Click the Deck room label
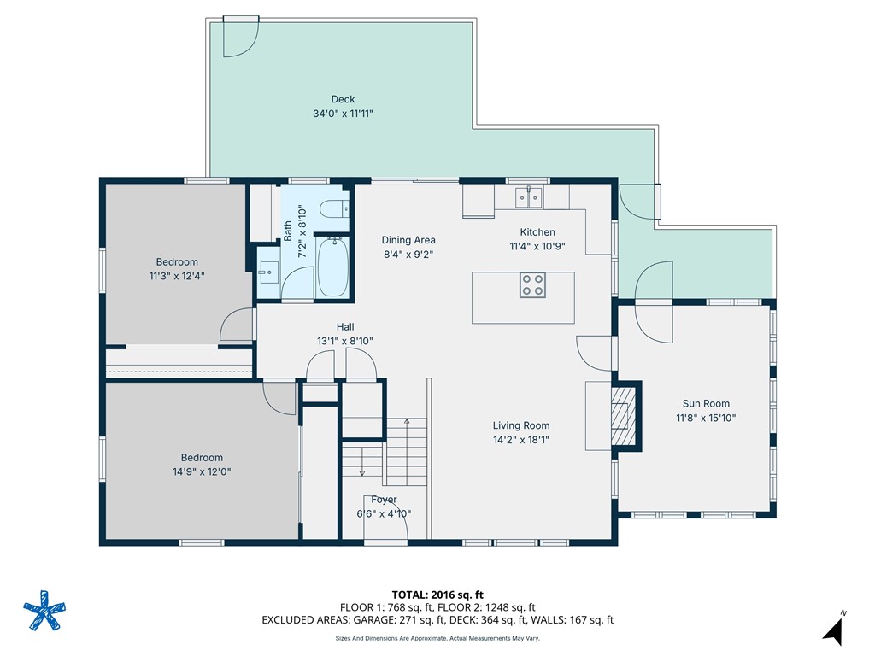click(343, 99)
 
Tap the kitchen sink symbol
click(528, 197)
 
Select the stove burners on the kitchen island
click(532, 285)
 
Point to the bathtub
click(332, 267)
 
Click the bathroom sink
click(268, 272)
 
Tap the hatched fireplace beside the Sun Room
click(623, 416)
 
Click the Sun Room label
click(706, 403)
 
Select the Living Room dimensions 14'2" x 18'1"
click(520, 440)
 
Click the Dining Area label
click(408, 240)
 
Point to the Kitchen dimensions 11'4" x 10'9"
click(537, 246)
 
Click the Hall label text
click(345, 327)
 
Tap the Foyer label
click(384, 500)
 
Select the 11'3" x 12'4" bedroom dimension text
click(177, 276)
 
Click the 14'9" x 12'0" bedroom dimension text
click(202, 471)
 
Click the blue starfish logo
click(44, 610)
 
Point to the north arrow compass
click(834, 630)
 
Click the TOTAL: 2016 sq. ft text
click(437, 594)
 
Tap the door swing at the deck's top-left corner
click(241, 37)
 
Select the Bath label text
click(288, 231)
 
